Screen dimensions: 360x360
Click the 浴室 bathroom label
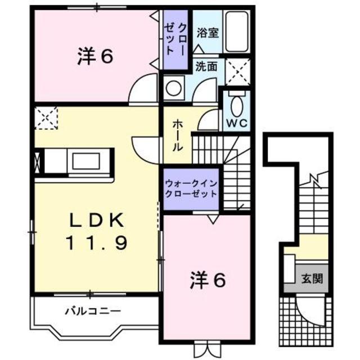point(206,33)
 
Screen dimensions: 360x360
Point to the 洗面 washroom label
point(206,66)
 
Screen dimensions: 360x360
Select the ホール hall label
point(176,135)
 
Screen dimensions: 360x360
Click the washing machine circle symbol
point(174,89)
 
